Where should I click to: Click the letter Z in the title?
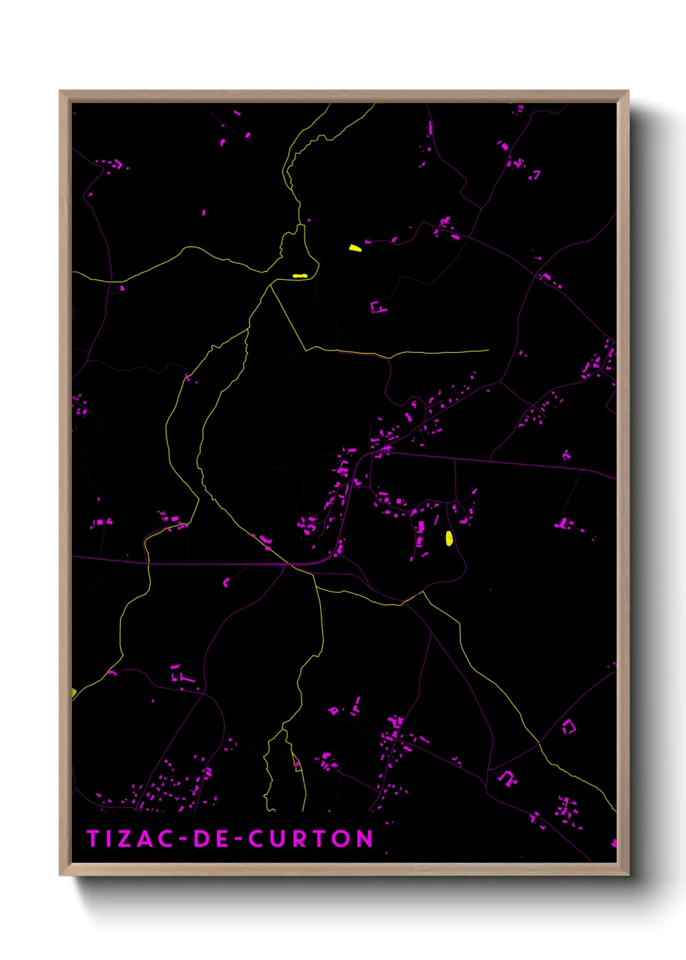point(121,839)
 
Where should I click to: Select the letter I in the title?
point(107,839)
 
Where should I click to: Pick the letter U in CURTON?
point(279,839)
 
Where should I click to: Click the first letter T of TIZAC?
point(92,839)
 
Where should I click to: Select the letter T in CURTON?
point(320,839)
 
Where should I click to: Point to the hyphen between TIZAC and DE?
point(182,839)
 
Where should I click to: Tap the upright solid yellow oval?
point(449,538)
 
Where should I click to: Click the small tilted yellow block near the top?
point(355,248)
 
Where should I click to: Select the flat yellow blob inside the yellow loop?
point(299,276)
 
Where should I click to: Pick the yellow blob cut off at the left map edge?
point(74,693)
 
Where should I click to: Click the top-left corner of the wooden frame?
point(60,91)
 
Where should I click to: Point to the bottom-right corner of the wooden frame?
point(628,874)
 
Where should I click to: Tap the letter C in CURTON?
point(258,839)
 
